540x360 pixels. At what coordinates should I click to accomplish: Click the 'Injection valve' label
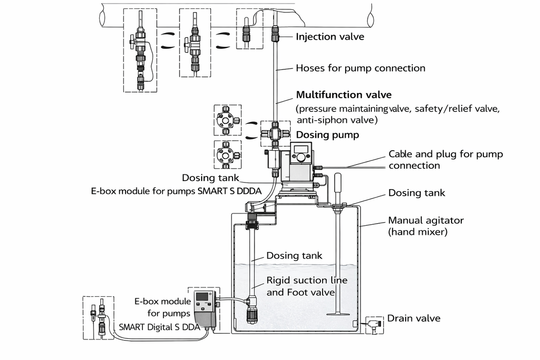[x=329, y=37]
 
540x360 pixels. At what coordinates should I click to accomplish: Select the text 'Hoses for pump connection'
[x=361, y=68]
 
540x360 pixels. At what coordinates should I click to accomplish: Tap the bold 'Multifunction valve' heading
[x=344, y=95]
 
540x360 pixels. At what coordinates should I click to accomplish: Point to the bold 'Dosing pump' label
[x=328, y=135]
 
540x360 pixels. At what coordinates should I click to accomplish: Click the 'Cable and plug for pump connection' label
[x=445, y=159]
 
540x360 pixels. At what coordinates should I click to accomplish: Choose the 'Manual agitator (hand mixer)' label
[x=426, y=226]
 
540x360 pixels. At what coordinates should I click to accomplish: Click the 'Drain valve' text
[x=413, y=318]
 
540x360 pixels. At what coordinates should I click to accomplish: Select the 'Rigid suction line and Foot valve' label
[x=307, y=286]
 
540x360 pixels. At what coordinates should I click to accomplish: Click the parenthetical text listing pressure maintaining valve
[x=398, y=115]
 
